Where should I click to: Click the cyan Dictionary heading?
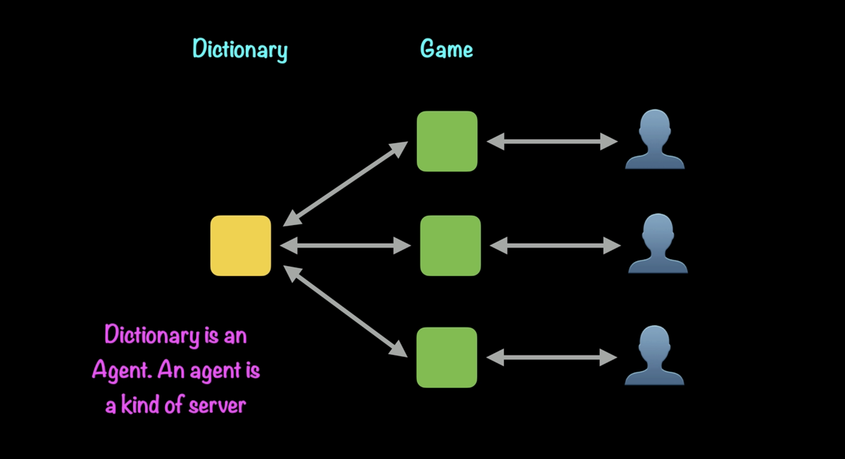click(x=240, y=49)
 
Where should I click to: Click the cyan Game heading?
click(x=446, y=49)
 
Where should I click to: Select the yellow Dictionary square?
click(x=241, y=245)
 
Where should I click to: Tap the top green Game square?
click(x=447, y=141)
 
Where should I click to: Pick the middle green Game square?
click(x=450, y=245)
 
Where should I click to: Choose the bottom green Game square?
click(x=447, y=357)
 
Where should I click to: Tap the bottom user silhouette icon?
click(x=654, y=356)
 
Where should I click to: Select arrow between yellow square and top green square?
click(x=345, y=184)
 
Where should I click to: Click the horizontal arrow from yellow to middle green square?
click(x=345, y=245)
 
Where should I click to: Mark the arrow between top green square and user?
click(x=552, y=141)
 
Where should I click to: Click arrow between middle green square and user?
click(x=555, y=245)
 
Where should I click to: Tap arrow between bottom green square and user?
click(x=552, y=357)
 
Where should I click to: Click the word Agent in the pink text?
click(x=121, y=370)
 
